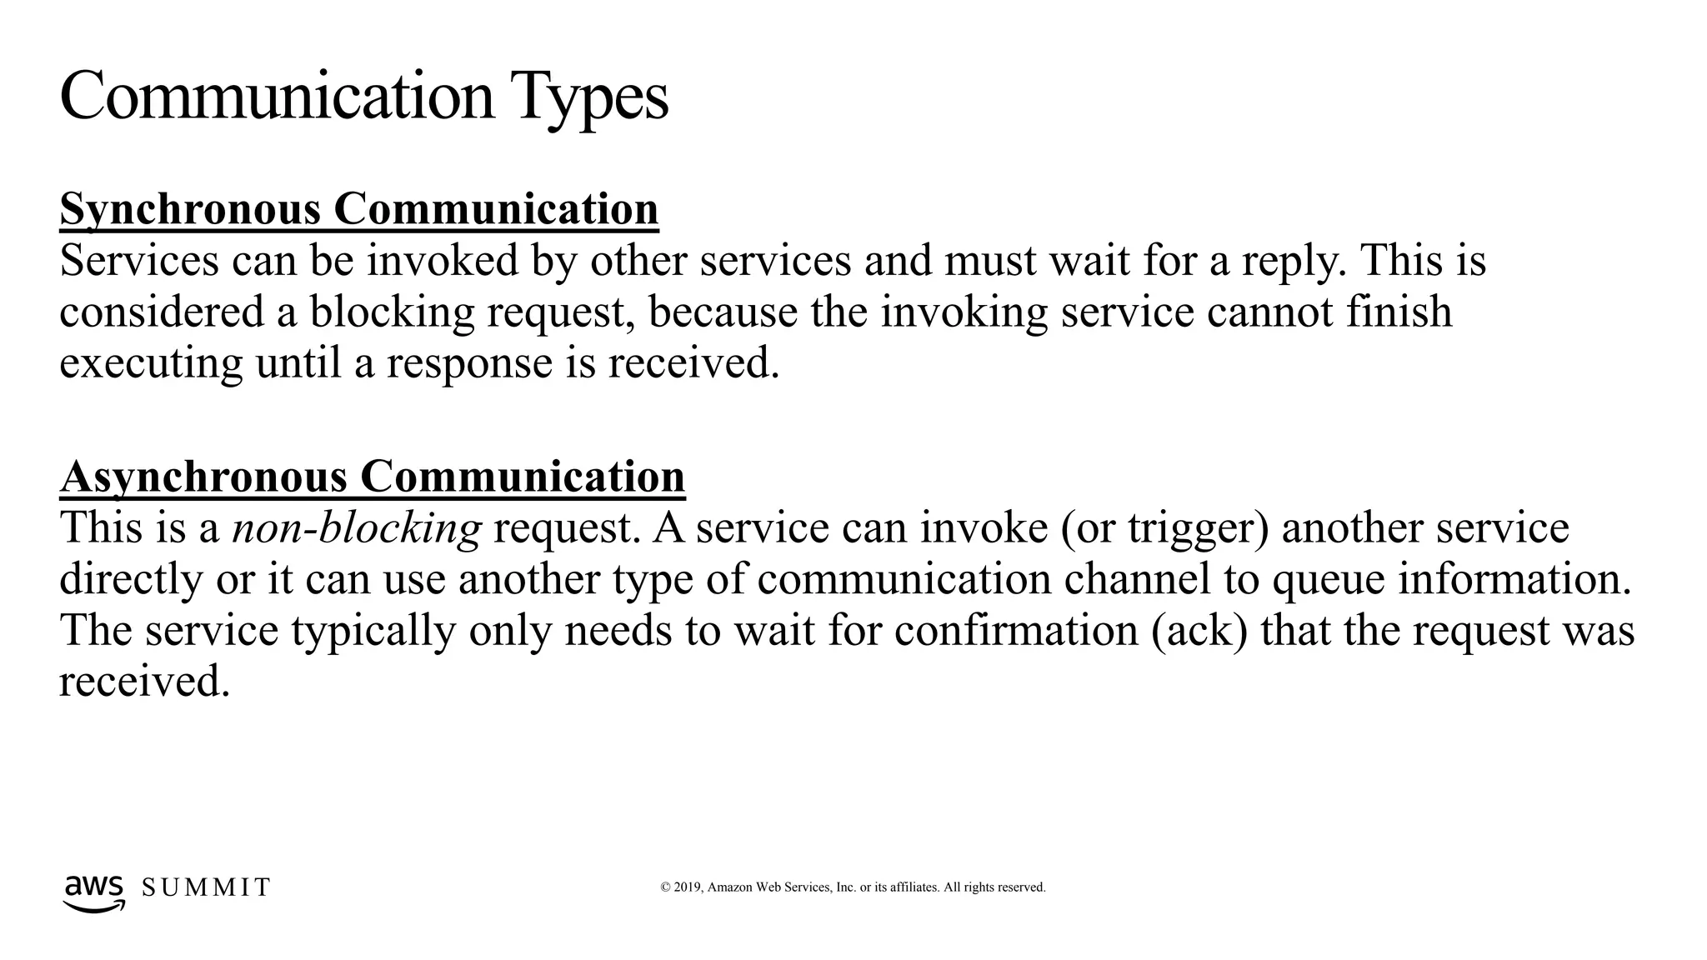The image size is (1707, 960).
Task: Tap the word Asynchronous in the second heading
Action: (203, 477)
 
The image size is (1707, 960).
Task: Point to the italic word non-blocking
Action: (357, 528)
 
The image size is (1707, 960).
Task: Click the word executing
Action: (151, 363)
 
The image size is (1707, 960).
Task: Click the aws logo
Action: (94, 892)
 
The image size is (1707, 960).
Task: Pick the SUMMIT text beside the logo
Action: (206, 887)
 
